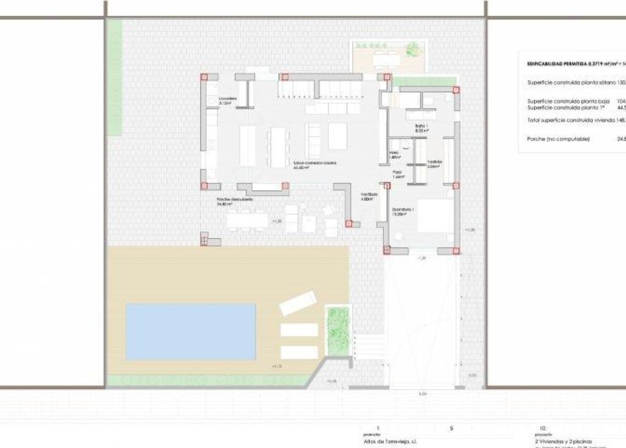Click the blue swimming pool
(190, 331)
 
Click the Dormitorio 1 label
(403, 211)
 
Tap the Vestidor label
(435, 162)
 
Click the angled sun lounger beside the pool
(298, 303)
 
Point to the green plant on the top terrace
(414, 48)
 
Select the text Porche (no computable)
(558, 139)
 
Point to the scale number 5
(451, 428)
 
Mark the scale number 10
(542, 428)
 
